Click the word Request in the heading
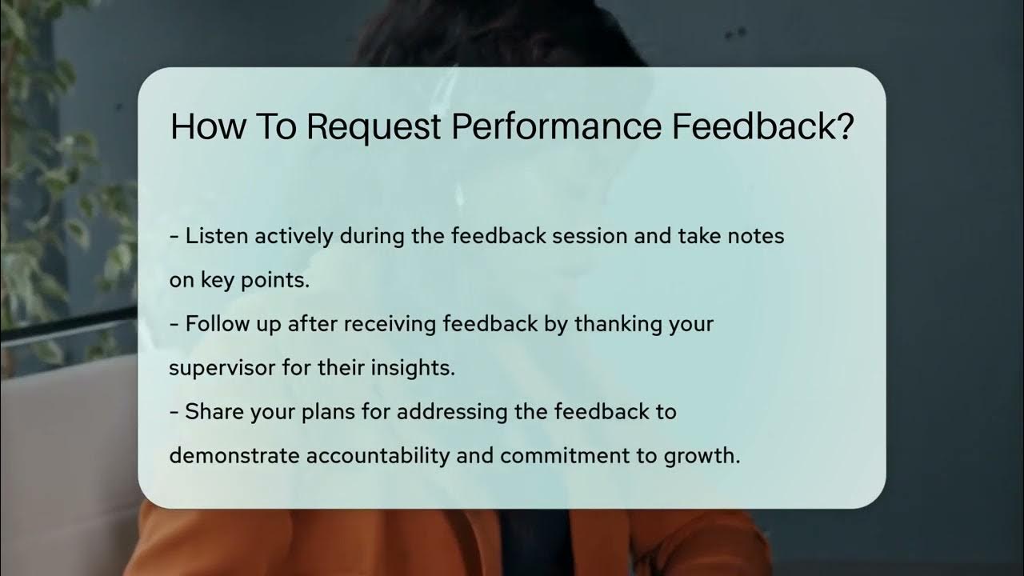373,127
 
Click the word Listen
212,237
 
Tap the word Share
210,412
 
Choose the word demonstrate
235,456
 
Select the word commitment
555,456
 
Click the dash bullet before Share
174,412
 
